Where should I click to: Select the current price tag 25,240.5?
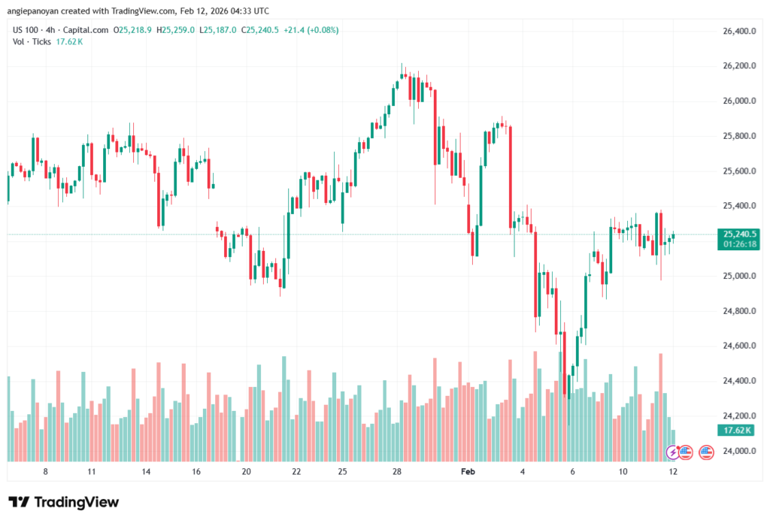[738, 234]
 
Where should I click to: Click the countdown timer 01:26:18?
[738, 243]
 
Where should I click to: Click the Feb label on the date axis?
[468, 471]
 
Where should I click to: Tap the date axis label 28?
[398, 471]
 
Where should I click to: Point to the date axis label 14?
[146, 471]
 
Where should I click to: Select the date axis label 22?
[296, 471]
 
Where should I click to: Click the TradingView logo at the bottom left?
[64, 502]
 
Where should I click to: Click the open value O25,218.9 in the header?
[133, 30]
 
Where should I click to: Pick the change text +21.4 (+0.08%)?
[311, 30]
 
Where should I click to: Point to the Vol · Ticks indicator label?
[32, 41]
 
